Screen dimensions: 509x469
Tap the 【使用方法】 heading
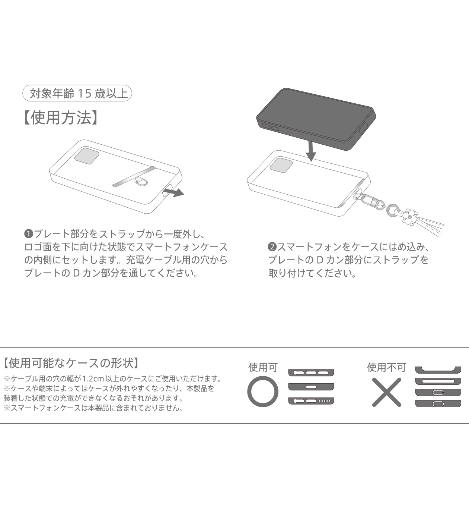(x=61, y=118)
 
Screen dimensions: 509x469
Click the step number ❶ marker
(x=29, y=234)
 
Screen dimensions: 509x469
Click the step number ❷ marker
(x=272, y=247)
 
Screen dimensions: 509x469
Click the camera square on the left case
(x=87, y=155)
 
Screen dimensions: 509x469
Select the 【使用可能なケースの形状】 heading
(x=72, y=362)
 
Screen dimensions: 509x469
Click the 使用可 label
(x=263, y=367)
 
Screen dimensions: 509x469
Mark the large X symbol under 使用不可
(x=387, y=392)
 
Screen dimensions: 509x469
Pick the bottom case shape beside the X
(x=438, y=404)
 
